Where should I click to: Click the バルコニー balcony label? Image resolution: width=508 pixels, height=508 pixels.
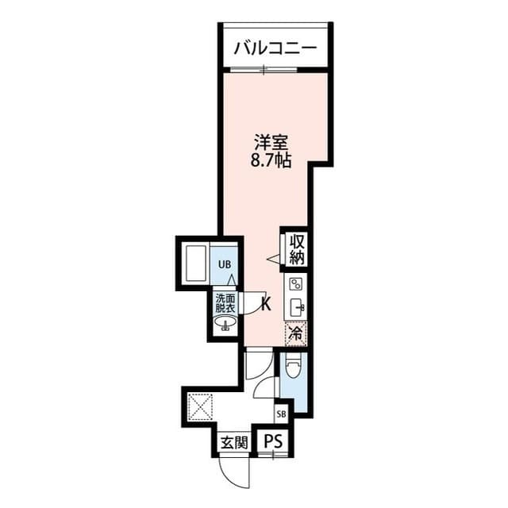point(275,48)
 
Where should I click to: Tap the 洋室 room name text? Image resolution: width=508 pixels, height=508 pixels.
point(271,142)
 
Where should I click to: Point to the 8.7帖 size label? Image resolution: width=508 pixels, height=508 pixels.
point(271,160)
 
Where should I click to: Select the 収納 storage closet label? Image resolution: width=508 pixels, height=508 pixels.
point(298,248)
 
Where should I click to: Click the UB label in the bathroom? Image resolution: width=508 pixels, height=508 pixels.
point(225,264)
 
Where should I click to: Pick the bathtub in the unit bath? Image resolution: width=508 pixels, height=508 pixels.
point(195,264)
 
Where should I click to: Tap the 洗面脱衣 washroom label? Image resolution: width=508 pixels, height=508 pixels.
point(225,303)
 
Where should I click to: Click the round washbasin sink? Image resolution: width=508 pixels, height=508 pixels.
point(225,323)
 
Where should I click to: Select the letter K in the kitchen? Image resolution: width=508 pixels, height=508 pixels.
point(266,304)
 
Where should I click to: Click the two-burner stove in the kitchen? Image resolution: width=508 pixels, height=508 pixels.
point(296,284)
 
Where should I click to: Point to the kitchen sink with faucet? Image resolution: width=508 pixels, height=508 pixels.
point(297,306)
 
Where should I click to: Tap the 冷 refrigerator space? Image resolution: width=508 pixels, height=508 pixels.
point(296,333)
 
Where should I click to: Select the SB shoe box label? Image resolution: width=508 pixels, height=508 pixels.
point(282,414)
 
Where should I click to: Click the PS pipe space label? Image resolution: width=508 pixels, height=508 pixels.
point(274,441)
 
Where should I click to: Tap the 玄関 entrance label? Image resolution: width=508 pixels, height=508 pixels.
point(234,442)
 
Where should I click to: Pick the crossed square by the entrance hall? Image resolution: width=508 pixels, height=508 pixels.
point(200,406)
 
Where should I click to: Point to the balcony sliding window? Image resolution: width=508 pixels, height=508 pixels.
point(264,69)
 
